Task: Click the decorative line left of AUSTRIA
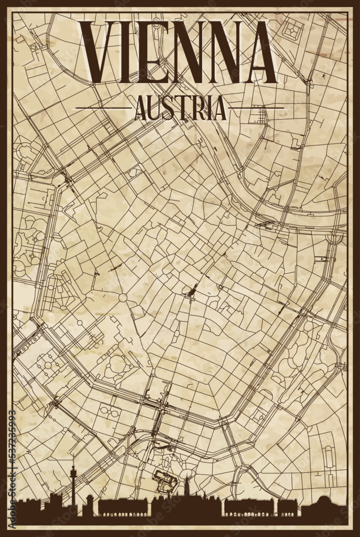pos(102,108)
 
